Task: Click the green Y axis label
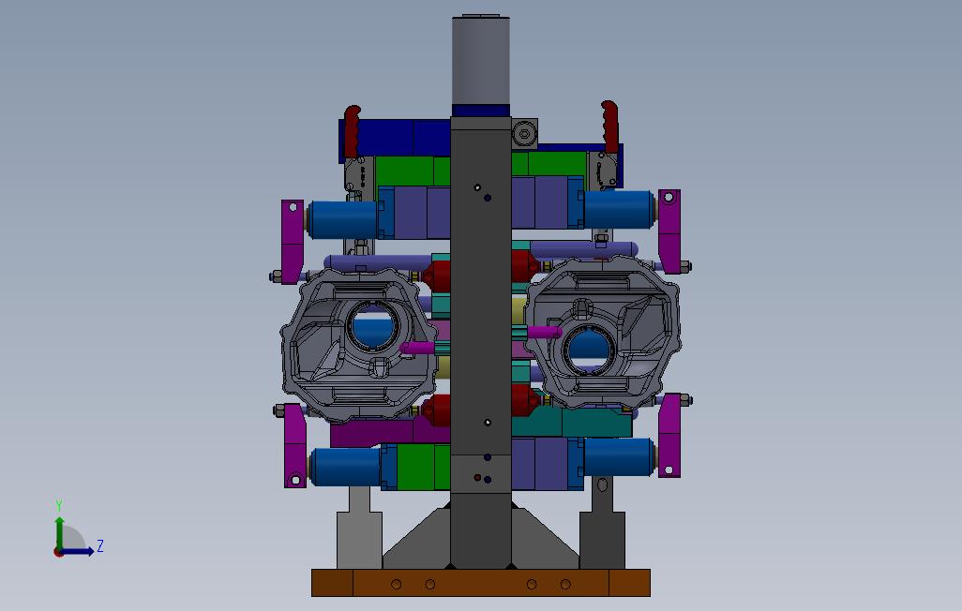click(x=59, y=505)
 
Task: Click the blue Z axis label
click(x=100, y=546)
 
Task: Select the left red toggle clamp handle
click(x=353, y=131)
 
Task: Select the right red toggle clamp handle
click(x=609, y=127)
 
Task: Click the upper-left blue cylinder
click(x=342, y=219)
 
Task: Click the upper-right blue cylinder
click(x=619, y=210)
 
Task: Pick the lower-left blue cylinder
click(x=346, y=467)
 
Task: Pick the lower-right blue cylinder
click(x=619, y=457)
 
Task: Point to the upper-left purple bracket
click(x=293, y=242)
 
